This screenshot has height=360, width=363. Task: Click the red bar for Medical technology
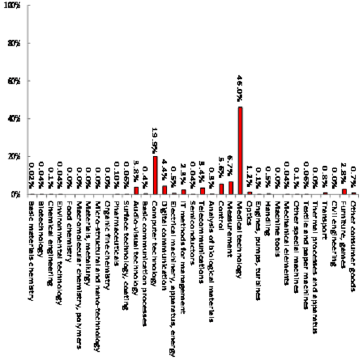tap(240, 151)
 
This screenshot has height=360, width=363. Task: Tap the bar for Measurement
tap(231, 188)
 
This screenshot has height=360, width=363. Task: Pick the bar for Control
tap(221, 189)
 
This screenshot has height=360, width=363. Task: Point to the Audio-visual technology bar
tap(136, 191)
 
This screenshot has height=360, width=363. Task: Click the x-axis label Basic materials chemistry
tap(32, 248)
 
